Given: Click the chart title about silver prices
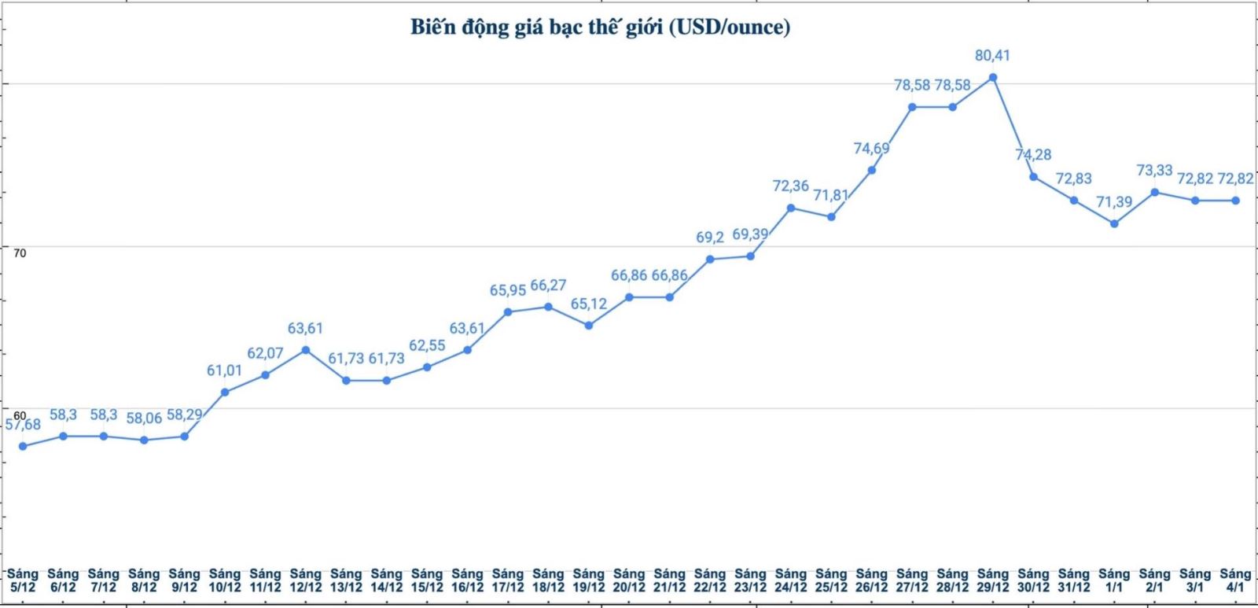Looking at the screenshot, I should [x=600, y=28].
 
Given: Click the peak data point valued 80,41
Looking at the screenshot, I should [x=993, y=77].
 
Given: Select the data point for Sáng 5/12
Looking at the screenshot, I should [x=23, y=446].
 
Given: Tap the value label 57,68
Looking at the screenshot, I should [x=23, y=425].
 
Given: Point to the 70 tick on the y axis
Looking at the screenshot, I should [x=20, y=253].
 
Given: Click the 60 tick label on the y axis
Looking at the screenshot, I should [x=20, y=415].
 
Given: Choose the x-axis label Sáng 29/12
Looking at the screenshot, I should [x=993, y=580].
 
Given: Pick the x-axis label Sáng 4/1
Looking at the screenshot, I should [x=1235, y=580].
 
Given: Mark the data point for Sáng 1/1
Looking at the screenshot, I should [x=1114, y=223].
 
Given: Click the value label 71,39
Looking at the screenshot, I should [x=1114, y=202].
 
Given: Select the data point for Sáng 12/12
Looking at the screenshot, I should [x=306, y=350].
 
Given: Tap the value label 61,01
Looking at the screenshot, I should [x=225, y=370].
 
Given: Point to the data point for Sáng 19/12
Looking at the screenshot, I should [x=589, y=325].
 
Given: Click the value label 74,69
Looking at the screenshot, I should [x=871, y=149].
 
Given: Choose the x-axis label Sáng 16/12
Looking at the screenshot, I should [x=467, y=580].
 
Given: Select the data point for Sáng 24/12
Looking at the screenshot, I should [x=791, y=208].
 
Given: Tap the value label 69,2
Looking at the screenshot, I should [x=710, y=238].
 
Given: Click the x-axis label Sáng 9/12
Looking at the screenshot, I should [x=184, y=580].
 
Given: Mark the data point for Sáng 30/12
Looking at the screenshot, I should [x=1033, y=177].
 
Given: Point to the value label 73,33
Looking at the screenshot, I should [x=1154, y=171].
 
